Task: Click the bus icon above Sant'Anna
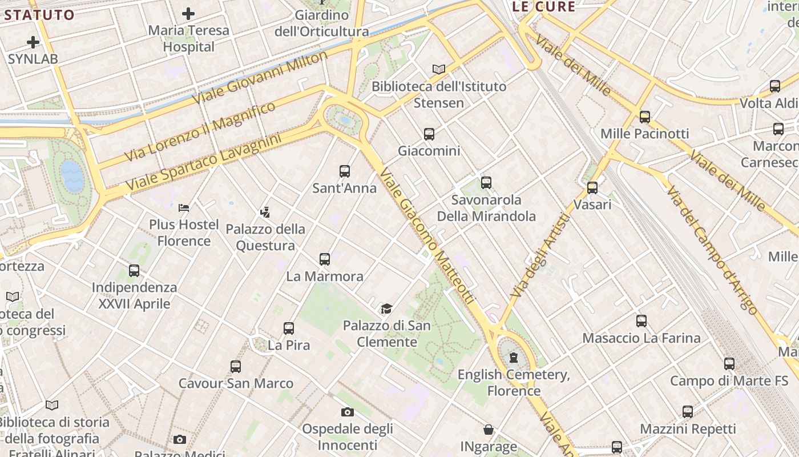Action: tap(345, 171)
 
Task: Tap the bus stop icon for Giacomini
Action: tap(429, 134)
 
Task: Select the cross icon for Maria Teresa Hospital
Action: tap(188, 14)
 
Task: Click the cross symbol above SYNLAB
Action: tap(33, 42)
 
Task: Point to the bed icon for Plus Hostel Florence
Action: tap(184, 207)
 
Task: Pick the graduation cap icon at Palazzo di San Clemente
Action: tap(387, 309)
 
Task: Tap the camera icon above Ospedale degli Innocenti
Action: tap(347, 412)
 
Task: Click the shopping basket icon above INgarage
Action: tap(489, 430)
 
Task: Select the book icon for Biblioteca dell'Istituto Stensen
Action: tap(438, 69)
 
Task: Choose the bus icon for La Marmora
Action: tap(325, 259)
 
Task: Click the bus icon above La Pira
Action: tap(289, 328)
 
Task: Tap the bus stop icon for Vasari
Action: tap(592, 187)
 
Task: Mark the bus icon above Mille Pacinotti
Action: tap(645, 117)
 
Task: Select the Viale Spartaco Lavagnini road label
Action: tap(204, 162)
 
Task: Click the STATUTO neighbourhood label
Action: tap(39, 15)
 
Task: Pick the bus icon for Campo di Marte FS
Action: tap(729, 364)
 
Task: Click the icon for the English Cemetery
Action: tap(514, 358)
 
